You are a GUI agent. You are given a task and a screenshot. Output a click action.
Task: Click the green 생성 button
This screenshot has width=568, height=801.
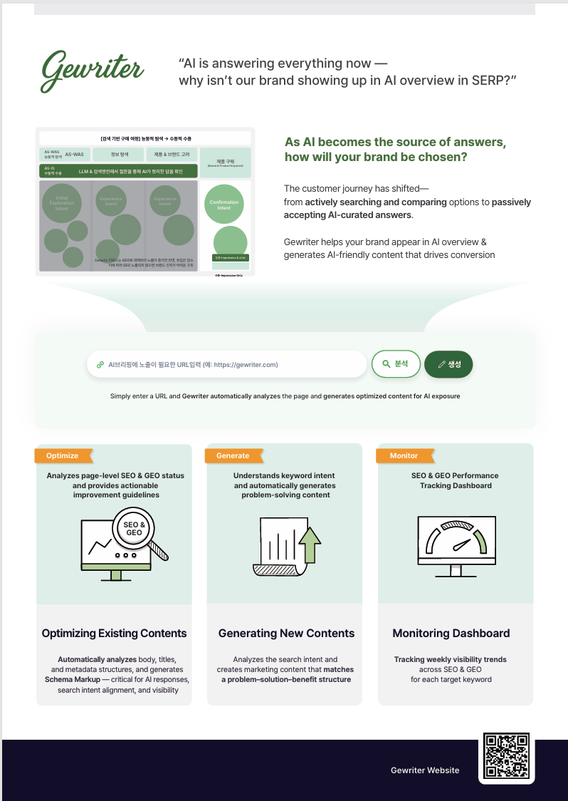448,364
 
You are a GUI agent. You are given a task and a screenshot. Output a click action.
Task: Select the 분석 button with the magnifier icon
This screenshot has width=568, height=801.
396,364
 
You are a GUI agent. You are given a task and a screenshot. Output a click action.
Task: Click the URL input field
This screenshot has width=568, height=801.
228,364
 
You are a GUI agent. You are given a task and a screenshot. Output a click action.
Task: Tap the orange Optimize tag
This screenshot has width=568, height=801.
63,455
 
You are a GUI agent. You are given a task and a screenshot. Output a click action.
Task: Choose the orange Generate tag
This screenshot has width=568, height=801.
233,455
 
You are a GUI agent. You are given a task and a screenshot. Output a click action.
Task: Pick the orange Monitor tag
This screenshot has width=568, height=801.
404,455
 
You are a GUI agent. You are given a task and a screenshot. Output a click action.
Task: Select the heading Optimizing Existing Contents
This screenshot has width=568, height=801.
114,633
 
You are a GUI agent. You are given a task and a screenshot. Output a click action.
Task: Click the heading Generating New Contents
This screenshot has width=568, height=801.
285,633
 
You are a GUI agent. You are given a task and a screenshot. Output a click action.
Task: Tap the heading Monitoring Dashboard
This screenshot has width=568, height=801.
451,633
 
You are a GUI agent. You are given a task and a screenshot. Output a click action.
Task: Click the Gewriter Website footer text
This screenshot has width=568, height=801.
425,770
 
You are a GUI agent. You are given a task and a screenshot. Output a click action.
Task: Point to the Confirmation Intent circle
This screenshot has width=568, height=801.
224,205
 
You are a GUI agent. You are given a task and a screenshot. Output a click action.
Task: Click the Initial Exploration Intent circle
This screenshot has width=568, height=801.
62,204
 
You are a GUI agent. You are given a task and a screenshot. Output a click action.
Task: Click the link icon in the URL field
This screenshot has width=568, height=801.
100,364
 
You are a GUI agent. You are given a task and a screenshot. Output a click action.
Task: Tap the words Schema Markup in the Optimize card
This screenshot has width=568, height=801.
73,680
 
